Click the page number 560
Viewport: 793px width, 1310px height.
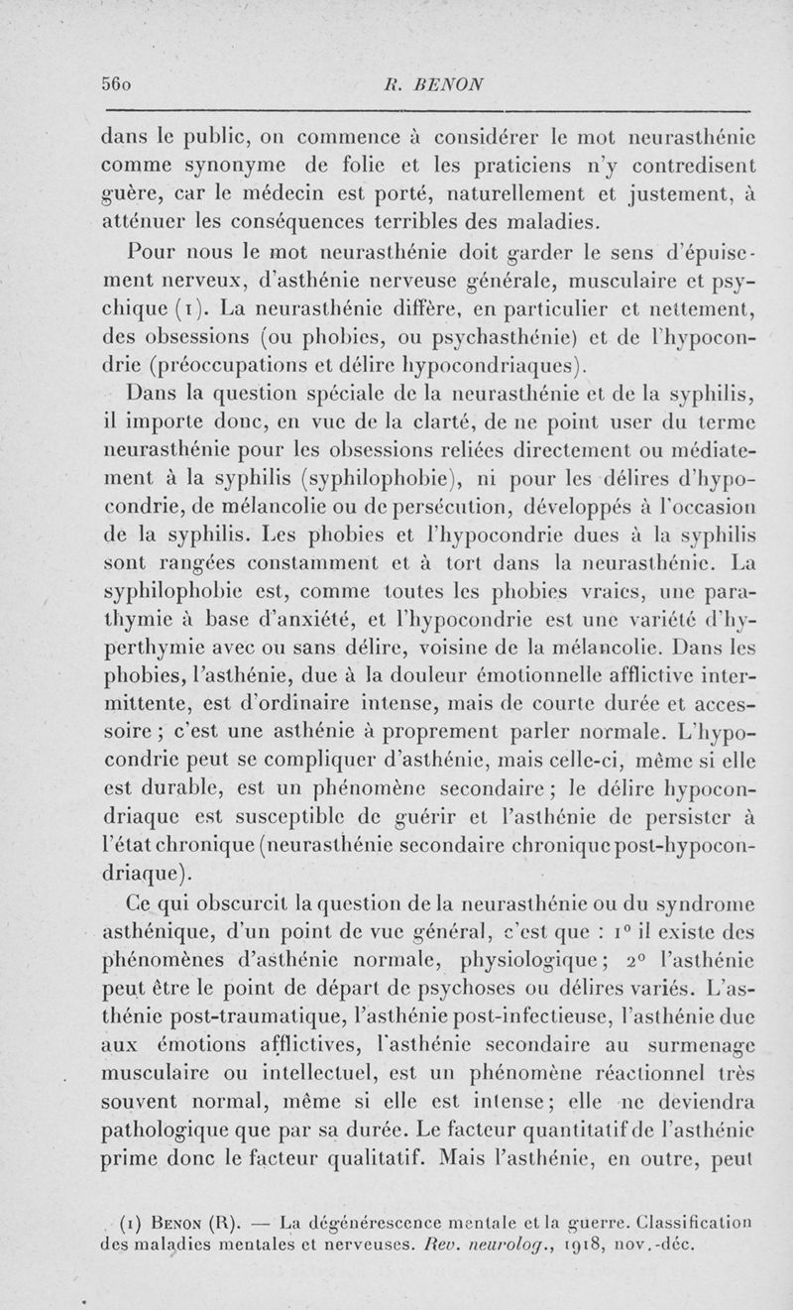pyautogui.click(x=118, y=84)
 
